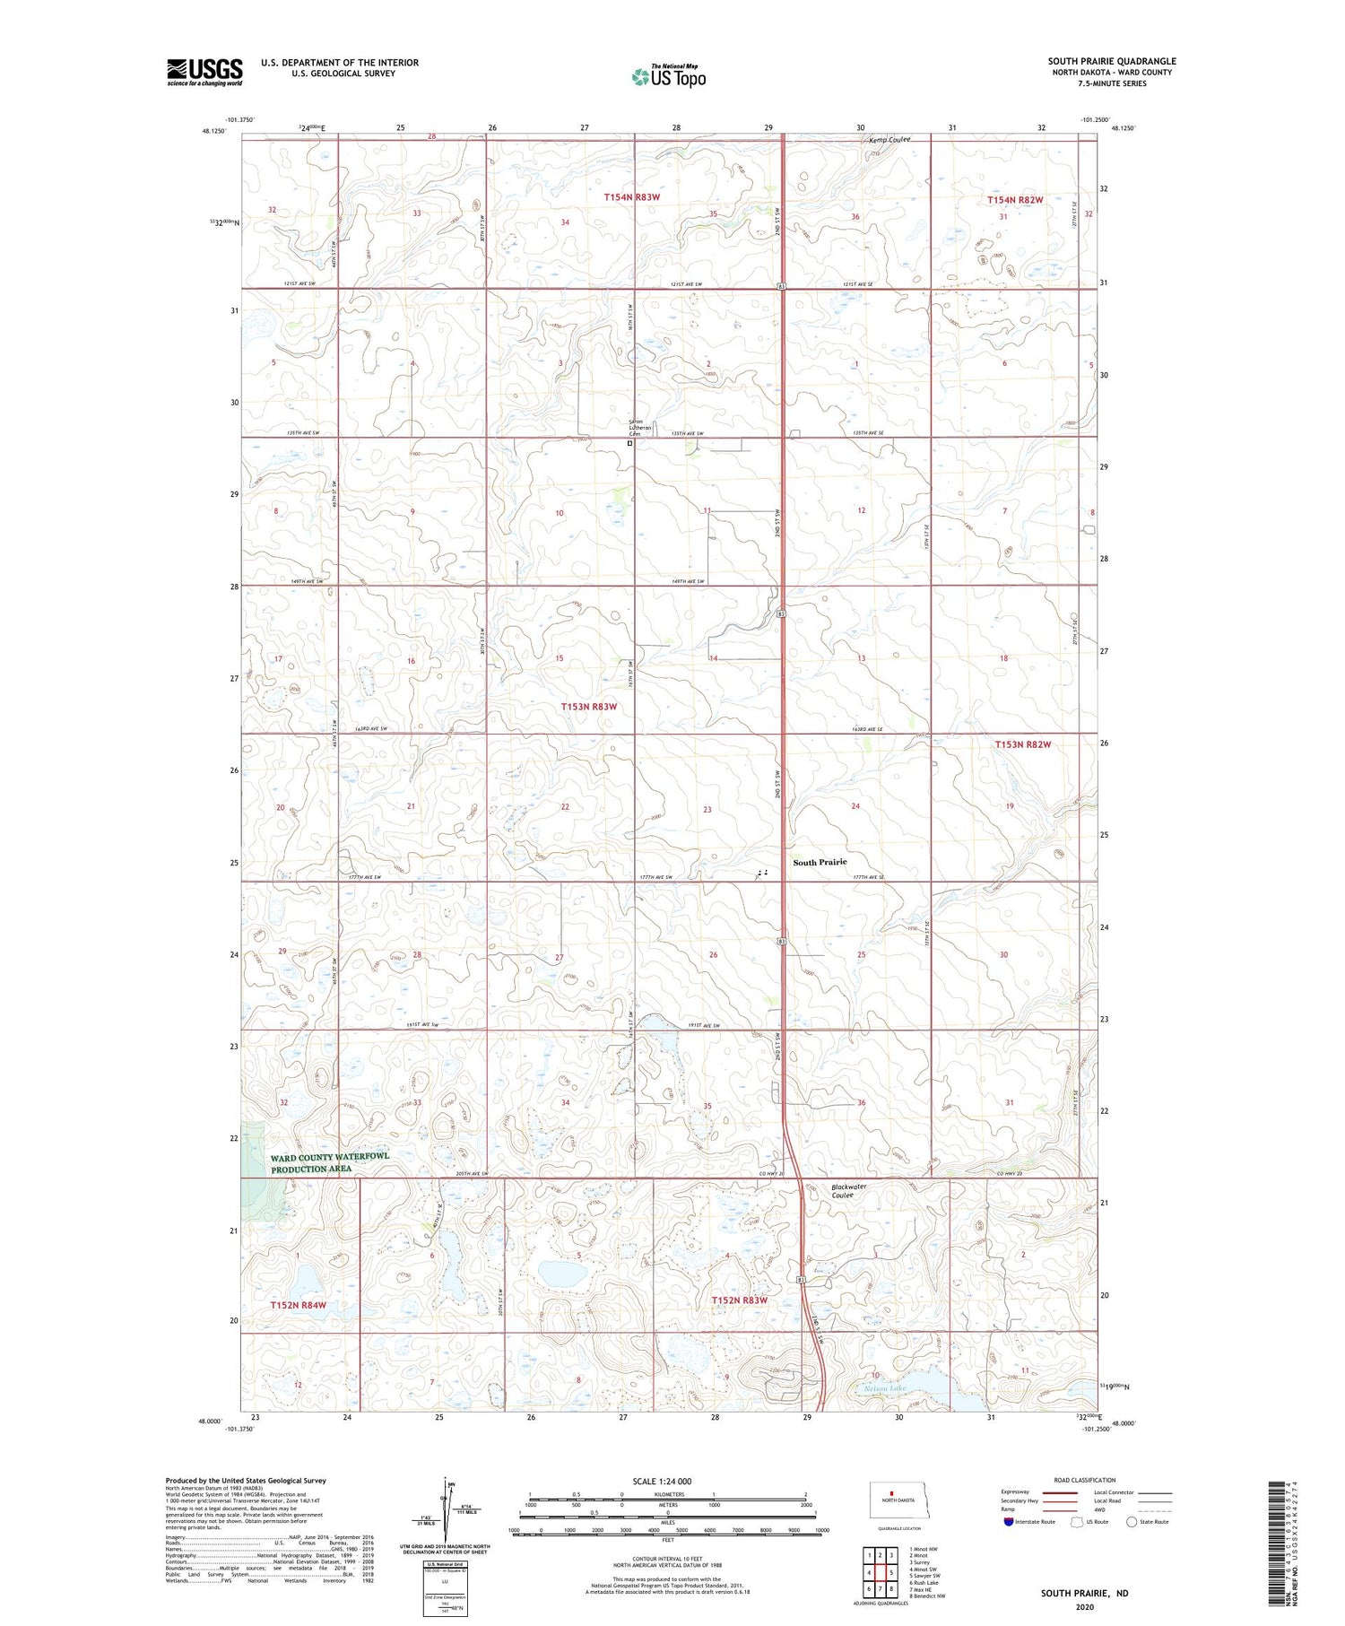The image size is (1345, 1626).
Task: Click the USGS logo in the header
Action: point(204,72)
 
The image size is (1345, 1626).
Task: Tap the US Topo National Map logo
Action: point(669,76)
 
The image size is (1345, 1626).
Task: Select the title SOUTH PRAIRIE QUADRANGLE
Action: point(1112,62)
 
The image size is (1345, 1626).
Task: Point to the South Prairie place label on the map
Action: point(820,862)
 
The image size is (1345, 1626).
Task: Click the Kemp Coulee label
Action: point(889,140)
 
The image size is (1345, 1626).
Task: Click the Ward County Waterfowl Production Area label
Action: point(330,1163)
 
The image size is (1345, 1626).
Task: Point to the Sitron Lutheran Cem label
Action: point(638,428)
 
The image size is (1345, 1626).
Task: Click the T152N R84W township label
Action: point(299,1305)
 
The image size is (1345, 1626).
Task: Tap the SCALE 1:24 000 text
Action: point(662,1482)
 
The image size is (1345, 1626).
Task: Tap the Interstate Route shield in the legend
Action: point(1009,1522)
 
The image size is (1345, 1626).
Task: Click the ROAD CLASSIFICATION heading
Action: point(1085,1481)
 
